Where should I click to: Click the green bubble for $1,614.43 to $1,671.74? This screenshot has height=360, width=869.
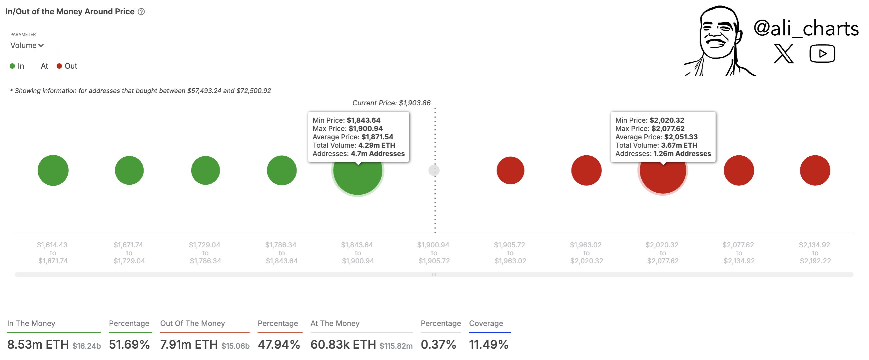coord(53,170)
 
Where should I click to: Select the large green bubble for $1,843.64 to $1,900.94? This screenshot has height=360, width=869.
coord(358,175)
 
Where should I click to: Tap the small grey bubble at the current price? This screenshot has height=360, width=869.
coord(434,170)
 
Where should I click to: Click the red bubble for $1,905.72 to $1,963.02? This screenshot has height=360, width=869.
coord(510,170)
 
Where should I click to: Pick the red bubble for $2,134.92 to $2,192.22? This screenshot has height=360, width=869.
coord(815,170)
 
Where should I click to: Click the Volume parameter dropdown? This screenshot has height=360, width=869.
coord(27,45)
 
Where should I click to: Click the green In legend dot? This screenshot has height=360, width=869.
coord(12,66)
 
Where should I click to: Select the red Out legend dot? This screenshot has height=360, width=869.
coord(59,66)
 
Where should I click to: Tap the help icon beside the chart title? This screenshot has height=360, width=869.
coord(141,12)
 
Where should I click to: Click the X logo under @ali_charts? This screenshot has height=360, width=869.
coord(783,54)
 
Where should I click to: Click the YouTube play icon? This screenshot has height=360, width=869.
coord(822,54)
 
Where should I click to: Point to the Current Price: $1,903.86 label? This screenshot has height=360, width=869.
coord(391,103)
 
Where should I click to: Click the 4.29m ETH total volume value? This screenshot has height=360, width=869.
coord(377,145)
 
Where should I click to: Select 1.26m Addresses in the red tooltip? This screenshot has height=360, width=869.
coord(682,154)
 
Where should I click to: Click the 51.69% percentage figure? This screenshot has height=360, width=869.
coord(129,344)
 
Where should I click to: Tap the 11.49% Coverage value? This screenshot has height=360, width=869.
coord(488,344)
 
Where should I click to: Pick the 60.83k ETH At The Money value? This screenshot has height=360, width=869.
coord(343,344)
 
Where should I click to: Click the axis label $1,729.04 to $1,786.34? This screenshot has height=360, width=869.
coord(205,253)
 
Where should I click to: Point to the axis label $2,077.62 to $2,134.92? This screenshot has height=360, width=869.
coord(738,253)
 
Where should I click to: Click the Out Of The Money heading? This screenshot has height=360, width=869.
coord(192,323)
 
